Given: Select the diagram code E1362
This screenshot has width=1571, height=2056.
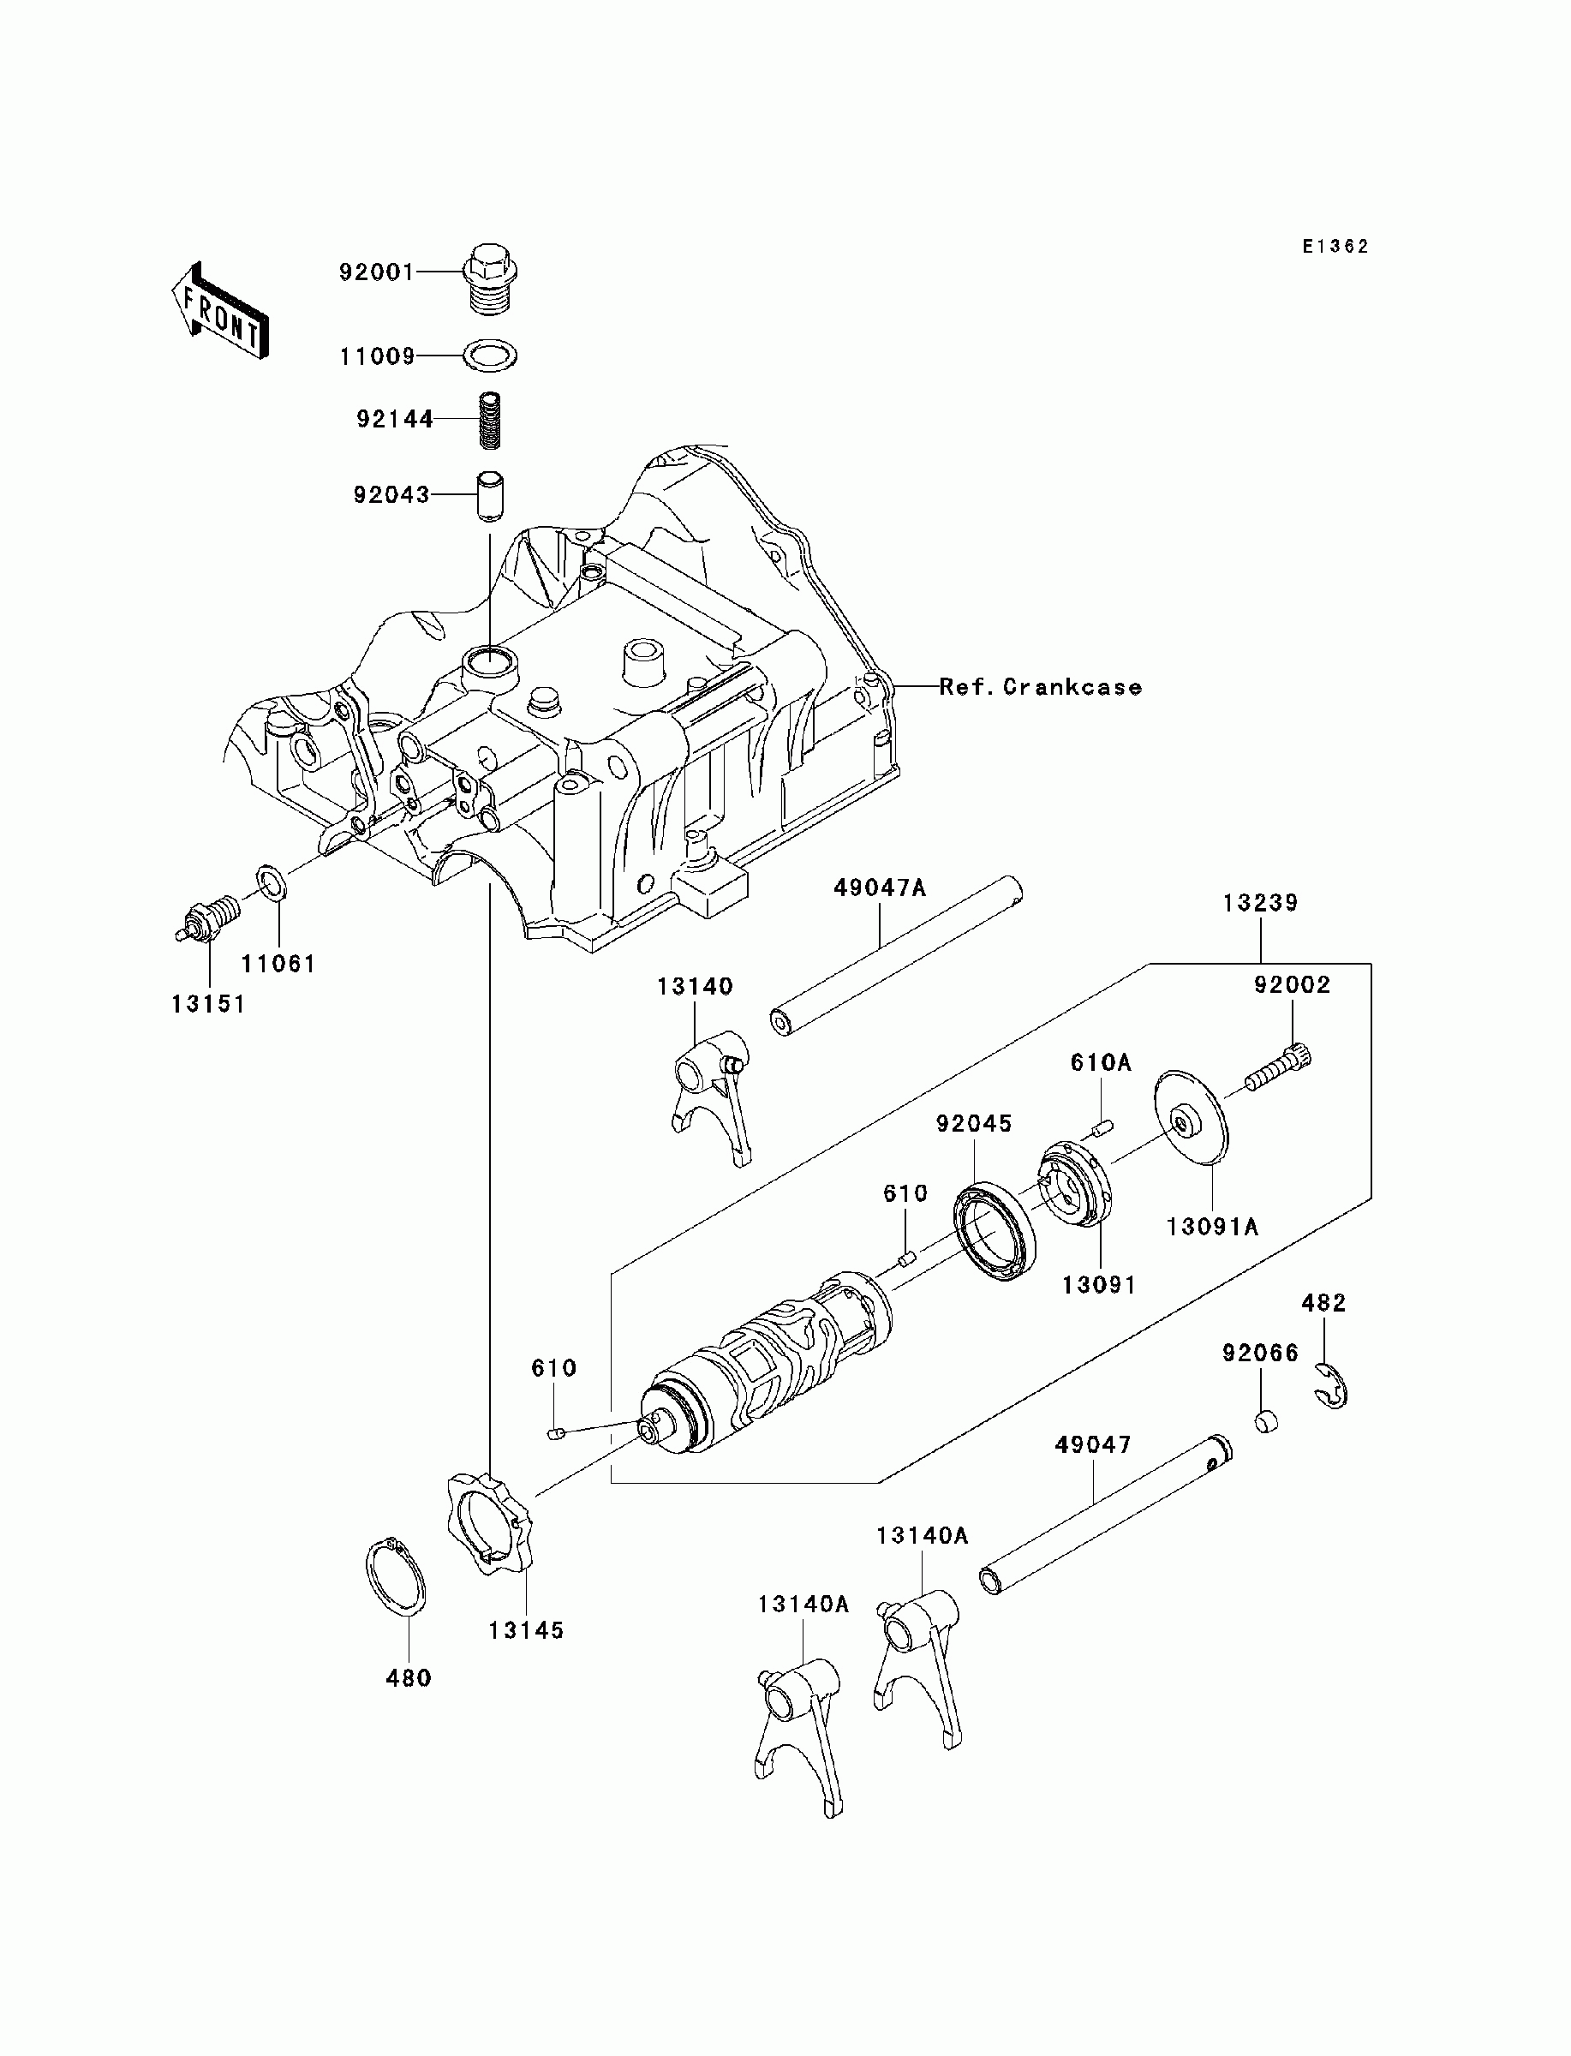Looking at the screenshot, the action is coord(1336,247).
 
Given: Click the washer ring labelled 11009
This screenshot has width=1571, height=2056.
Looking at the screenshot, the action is coord(490,356).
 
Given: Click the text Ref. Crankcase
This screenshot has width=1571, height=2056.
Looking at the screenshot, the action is coord(1041,687).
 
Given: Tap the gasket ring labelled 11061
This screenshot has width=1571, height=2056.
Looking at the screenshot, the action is coord(272,882).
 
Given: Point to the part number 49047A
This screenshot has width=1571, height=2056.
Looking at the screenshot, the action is coord(880,888).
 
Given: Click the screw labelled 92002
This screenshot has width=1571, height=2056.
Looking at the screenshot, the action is coord(1277,1068).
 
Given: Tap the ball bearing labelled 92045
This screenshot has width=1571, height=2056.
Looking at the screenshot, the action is coord(994,1234).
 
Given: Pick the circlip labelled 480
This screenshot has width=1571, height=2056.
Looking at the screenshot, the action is coord(395,1576).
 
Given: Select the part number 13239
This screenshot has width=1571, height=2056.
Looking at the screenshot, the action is coord(1261,903).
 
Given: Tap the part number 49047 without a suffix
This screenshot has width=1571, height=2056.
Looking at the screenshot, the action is coord(1093,1444).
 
